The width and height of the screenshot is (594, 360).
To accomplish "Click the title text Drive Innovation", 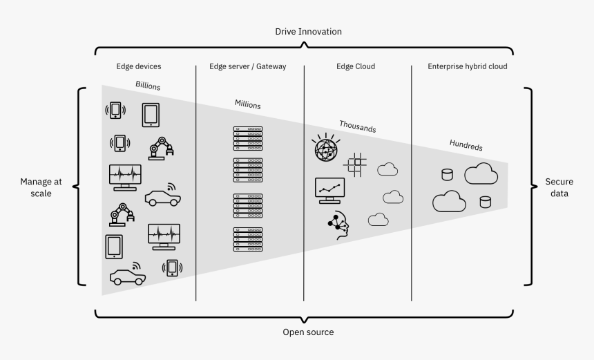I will [308, 32].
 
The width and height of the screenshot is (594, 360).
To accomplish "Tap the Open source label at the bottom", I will [308, 332].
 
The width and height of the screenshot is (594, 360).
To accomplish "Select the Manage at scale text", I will [41, 188].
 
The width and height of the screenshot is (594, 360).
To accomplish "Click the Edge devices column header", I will [139, 67].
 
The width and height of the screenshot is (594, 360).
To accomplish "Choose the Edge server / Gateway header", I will [247, 67].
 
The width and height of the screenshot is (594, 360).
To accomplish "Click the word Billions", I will [148, 86].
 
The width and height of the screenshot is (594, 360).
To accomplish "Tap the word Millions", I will [247, 105].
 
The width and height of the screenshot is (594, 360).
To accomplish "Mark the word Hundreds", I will [466, 146].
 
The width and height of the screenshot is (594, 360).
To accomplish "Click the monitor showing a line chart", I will [329, 190].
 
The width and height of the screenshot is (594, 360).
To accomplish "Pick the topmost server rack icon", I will [248, 138].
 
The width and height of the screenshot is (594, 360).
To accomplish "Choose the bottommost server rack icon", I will [248, 239].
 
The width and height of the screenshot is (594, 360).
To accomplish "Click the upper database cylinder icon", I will [447, 174].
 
